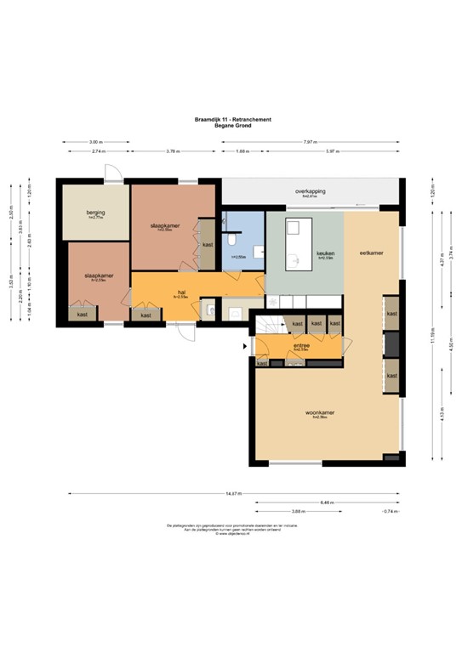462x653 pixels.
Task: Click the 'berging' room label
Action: coord(94,213)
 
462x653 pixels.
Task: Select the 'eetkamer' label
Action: coord(371,253)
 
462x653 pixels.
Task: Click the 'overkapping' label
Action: coord(311,191)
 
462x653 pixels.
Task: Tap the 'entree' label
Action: coord(300,347)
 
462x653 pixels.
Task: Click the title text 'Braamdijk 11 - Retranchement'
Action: coord(231,120)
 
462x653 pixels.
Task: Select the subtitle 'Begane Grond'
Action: coord(231,126)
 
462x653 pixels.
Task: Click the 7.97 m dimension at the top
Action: coord(314,142)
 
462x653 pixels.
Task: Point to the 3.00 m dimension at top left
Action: coord(95,142)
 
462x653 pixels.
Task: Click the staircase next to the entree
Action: coord(270,325)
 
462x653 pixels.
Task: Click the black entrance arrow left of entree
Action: coord(247,346)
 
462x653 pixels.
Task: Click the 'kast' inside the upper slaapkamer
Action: coord(208,243)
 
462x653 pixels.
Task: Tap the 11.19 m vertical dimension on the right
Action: coord(431,332)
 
